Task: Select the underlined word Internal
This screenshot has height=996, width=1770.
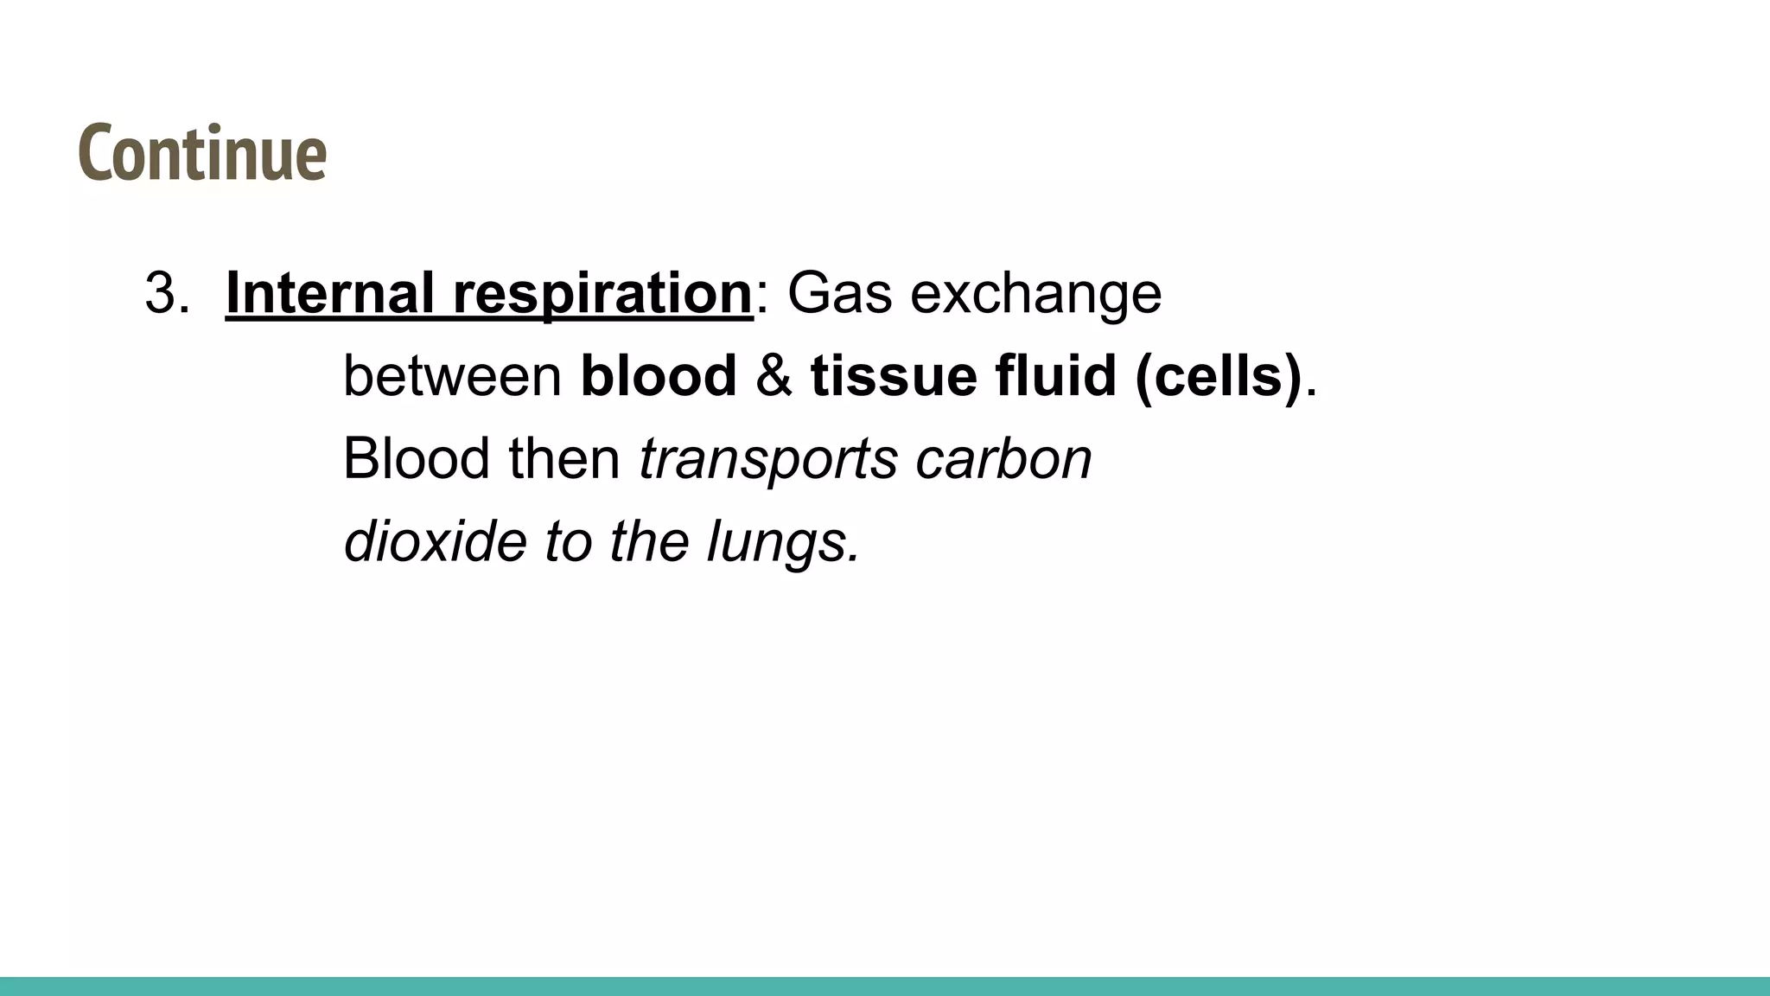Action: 329,293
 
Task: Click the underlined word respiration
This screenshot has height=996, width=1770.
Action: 602,293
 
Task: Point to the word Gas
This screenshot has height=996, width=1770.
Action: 839,293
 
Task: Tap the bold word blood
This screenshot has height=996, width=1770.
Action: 659,376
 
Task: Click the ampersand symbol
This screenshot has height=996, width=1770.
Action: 774,376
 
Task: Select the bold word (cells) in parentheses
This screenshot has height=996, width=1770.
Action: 1218,376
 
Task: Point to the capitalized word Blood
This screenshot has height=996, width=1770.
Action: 416,458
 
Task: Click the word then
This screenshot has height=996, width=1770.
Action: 564,458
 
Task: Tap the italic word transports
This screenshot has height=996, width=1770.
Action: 767,458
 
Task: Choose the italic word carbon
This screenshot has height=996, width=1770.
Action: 1003,458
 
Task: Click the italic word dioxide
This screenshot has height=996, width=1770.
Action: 435,541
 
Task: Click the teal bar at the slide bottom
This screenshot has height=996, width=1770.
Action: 885,986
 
